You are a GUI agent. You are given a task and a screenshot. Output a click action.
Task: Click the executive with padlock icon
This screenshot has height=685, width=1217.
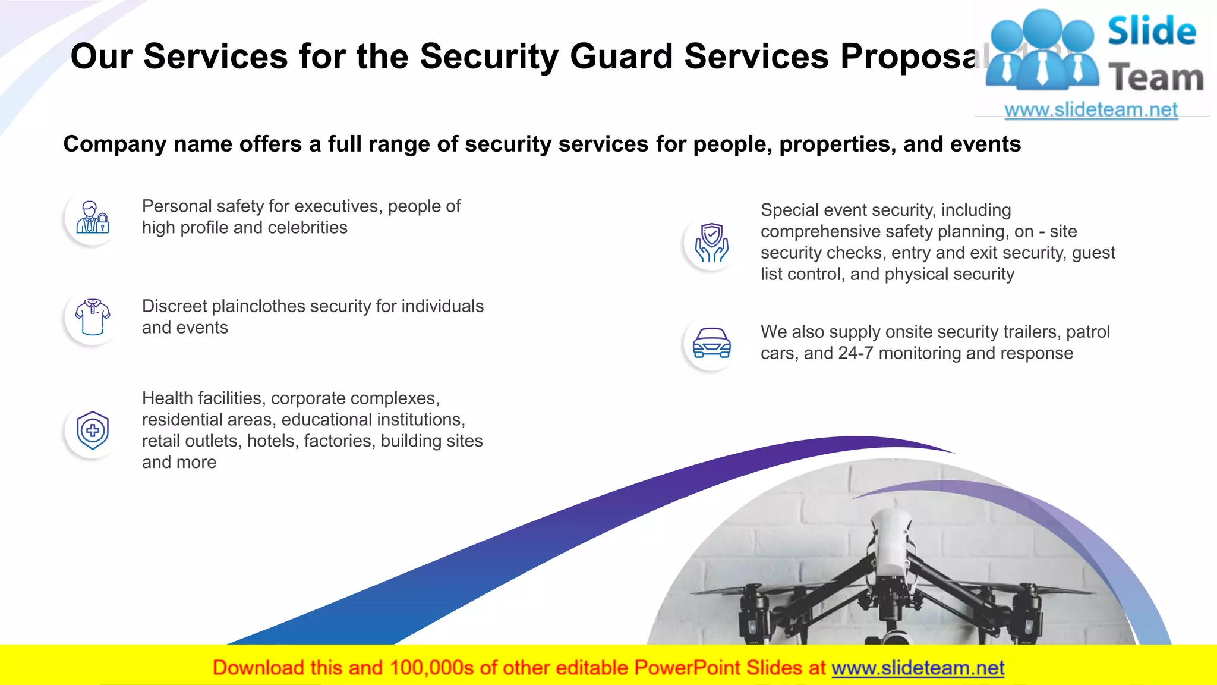click(93, 218)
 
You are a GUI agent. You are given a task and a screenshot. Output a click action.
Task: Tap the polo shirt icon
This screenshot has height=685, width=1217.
click(93, 318)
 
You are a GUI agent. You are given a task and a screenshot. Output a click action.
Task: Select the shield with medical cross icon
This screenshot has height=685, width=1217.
click(93, 431)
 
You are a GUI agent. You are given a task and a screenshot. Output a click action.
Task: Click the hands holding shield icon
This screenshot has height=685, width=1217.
click(711, 243)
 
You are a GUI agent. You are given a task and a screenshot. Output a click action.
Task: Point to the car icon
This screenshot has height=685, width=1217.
click(711, 344)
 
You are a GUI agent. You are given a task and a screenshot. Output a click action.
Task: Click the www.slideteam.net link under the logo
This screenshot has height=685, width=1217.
click(1091, 110)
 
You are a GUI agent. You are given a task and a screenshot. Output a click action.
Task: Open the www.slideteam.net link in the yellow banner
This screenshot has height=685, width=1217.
click(918, 668)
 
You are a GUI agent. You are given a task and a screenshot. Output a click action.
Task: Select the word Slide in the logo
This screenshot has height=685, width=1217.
click(1152, 32)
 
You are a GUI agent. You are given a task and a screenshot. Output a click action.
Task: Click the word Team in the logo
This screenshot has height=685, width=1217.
click(1156, 78)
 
